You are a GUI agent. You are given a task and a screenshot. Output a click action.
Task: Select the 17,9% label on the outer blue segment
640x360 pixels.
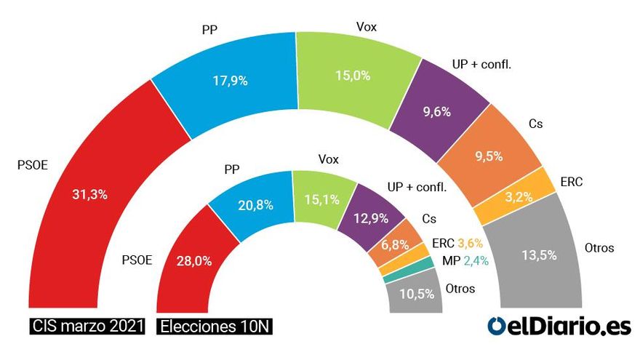pos(231,81)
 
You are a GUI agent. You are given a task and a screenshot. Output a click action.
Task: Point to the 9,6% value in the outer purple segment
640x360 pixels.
pos(436,112)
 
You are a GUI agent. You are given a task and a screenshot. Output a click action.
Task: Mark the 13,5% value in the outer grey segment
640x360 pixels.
pos(539,255)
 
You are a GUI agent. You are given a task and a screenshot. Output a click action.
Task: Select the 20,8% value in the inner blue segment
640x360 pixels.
pos(255,205)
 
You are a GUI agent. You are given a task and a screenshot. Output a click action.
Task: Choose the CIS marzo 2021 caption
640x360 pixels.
pos(81,327)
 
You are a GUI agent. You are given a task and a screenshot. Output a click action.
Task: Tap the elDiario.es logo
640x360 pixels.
pos(559,327)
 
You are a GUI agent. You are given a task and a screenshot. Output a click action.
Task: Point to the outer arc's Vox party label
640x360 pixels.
pos(366,28)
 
